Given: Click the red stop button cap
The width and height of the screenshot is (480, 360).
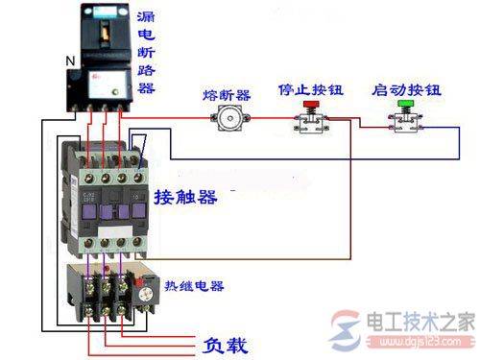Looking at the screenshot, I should pos(310,107).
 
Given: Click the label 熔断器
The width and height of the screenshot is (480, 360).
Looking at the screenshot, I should pos(227,95).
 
